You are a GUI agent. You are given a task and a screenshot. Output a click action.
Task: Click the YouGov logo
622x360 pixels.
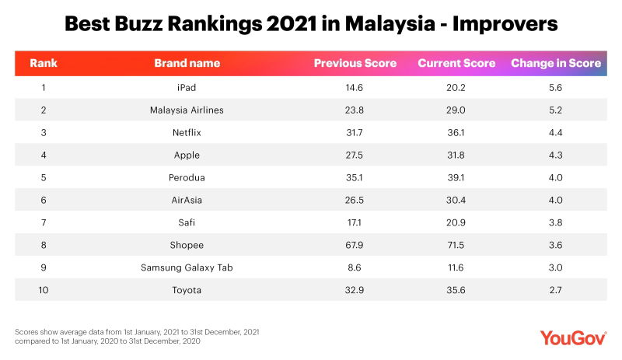coord(572,337)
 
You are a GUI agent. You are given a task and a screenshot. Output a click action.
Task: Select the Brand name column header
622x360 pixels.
coord(187,63)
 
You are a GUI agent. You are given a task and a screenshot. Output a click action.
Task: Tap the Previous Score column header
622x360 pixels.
coord(355,63)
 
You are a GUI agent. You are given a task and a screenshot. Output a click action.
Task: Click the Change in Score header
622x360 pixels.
coord(555,63)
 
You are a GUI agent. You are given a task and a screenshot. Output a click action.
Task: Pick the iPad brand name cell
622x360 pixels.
coord(187,87)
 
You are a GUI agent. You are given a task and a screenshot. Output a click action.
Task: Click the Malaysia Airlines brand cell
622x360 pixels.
coord(187,110)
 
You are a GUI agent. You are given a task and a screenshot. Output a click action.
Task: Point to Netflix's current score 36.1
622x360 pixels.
coord(456,132)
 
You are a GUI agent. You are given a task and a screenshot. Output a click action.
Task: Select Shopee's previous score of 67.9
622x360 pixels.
coord(355,245)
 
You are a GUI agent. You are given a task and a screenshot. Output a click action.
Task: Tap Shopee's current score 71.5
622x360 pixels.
coord(456,245)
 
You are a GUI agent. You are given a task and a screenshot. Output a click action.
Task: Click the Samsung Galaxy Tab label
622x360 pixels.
coord(187,267)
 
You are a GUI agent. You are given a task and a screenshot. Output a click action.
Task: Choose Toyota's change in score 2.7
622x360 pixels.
coord(555,290)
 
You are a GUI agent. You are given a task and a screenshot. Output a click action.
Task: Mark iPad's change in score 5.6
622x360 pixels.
coord(555,87)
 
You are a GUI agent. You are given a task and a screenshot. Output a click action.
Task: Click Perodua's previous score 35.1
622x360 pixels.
coord(355,177)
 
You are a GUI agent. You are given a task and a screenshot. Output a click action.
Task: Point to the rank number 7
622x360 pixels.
coord(43,222)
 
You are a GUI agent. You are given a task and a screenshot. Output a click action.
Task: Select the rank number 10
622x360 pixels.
coord(43,290)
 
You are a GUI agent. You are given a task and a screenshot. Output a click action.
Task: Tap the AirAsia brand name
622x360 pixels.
coord(187,200)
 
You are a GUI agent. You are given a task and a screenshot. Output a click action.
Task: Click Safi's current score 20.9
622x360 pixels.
coord(456,222)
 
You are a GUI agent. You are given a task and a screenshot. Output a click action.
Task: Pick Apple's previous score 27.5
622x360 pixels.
coord(355,155)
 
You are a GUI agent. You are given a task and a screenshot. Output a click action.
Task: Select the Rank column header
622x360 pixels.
coord(43,63)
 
